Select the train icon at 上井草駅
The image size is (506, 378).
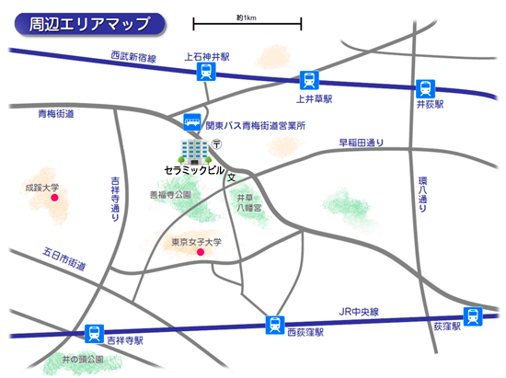(308, 80)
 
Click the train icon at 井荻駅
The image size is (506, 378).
(424, 88)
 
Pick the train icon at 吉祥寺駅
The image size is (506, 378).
(94, 334)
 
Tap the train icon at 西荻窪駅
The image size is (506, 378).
(274, 324)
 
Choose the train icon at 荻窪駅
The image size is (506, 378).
(472, 316)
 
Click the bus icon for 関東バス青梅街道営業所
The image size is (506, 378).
(191, 121)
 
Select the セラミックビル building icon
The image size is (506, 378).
(193, 151)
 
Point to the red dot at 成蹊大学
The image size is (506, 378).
(54, 197)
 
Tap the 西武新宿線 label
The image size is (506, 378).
(133, 58)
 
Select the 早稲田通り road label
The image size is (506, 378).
(361, 143)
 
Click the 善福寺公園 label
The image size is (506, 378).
(170, 195)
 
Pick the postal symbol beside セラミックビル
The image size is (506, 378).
(217, 143)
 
